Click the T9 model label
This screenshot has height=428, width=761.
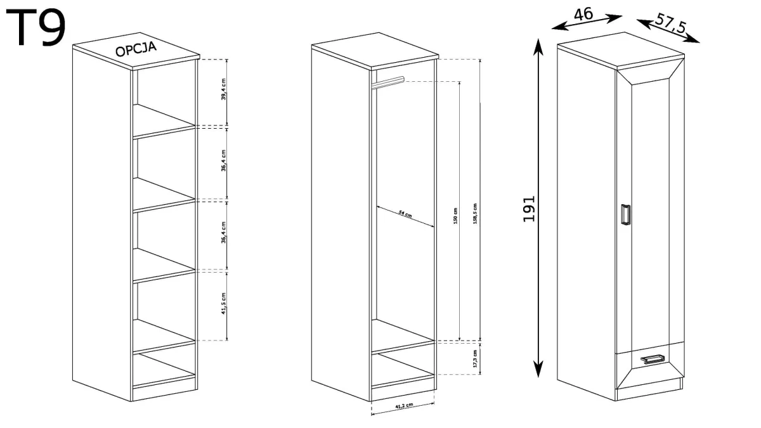tap(36, 27)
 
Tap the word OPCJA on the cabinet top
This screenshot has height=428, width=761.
tap(136, 49)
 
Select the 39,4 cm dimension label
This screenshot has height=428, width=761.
tap(223, 89)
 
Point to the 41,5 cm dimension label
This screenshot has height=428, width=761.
tap(223, 303)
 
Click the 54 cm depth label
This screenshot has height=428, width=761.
tap(405, 214)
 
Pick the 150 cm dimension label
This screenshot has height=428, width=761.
tap(455, 216)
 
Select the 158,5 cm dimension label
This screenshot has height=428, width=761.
tap(475, 214)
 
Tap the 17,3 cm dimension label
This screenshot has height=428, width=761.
tap(475, 359)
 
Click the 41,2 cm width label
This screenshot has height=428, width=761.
tap(404, 405)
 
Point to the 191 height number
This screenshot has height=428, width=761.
tap(529, 209)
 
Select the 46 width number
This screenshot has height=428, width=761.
tap(583, 15)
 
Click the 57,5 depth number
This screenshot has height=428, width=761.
tap(670, 24)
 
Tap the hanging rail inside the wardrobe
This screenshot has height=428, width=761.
tap(387, 83)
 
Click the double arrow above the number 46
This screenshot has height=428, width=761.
tap(587, 22)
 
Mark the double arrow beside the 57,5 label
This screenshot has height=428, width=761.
tap(668, 31)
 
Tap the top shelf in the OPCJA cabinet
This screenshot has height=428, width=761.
tap(164, 121)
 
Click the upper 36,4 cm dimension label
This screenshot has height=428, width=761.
tap(223, 160)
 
